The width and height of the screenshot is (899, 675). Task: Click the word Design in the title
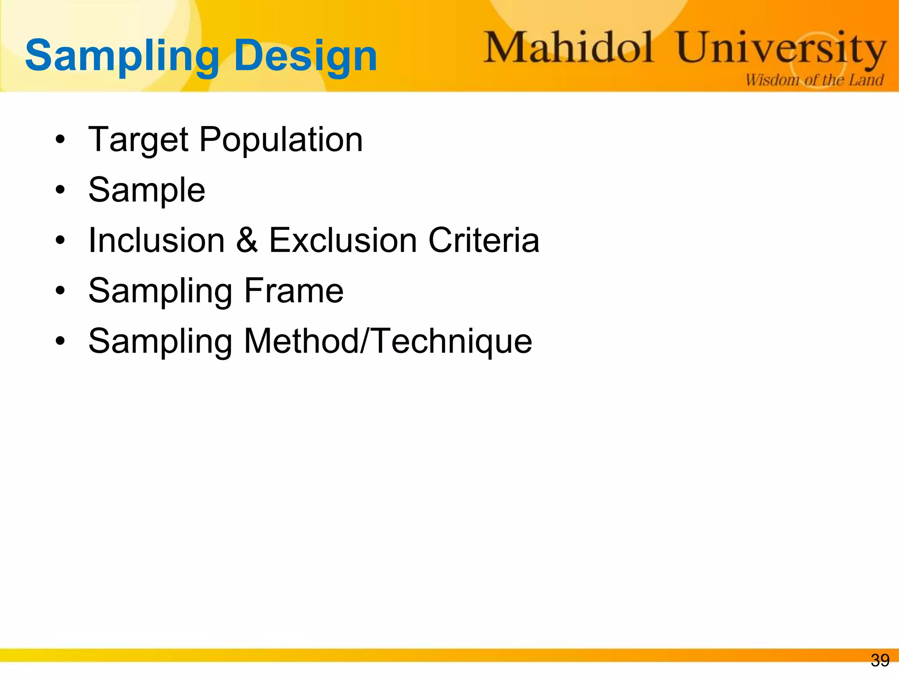point(306,56)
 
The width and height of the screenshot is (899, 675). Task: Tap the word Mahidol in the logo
point(569,47)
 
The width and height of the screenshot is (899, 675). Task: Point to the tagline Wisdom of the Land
point(814,80)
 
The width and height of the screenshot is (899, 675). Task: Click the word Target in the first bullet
point(138,140)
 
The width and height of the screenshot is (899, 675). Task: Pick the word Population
point(281,140)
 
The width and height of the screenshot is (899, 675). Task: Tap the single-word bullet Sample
point(147,190)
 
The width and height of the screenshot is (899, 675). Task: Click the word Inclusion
point(157,240)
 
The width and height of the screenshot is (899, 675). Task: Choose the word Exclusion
point(343,240)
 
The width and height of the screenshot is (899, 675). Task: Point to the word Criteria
point(484,240)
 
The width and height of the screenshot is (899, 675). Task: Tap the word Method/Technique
point(388,341)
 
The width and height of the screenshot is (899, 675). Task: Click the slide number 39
point(880,660)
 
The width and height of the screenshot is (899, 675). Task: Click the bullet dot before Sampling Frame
point(60,291)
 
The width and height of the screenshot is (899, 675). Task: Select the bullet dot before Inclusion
point(60,241)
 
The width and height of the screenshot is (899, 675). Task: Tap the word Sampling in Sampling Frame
point(160,291)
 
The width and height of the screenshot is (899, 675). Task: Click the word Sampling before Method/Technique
point(160,342)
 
